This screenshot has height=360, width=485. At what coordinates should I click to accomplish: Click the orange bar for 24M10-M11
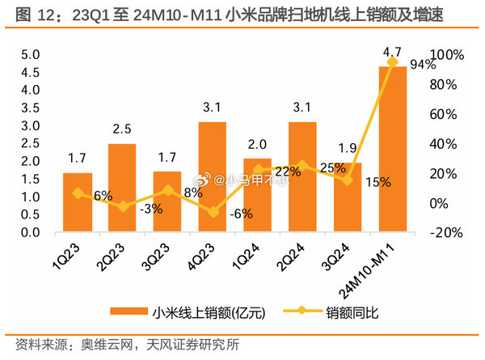click(x=392, y=150)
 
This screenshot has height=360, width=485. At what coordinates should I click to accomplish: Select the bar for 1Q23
click(x=78, y=202)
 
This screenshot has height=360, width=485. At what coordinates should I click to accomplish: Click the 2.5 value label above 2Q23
click(x=122, y=129)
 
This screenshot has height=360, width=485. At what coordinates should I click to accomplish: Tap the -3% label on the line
click(x=151, y=209)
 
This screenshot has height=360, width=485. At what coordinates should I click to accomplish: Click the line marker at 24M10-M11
click(x=393, y=62)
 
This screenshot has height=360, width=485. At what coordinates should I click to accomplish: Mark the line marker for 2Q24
click(x=302, y=165)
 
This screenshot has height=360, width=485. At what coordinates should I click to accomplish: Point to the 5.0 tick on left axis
click(x=31, y=55)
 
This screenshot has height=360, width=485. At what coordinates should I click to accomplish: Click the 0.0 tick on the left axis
click(x=31, y=233)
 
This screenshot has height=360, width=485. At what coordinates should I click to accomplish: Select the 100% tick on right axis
click(x=448, y=55)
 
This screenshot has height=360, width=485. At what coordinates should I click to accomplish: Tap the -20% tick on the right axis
click(x=446, y=233)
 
